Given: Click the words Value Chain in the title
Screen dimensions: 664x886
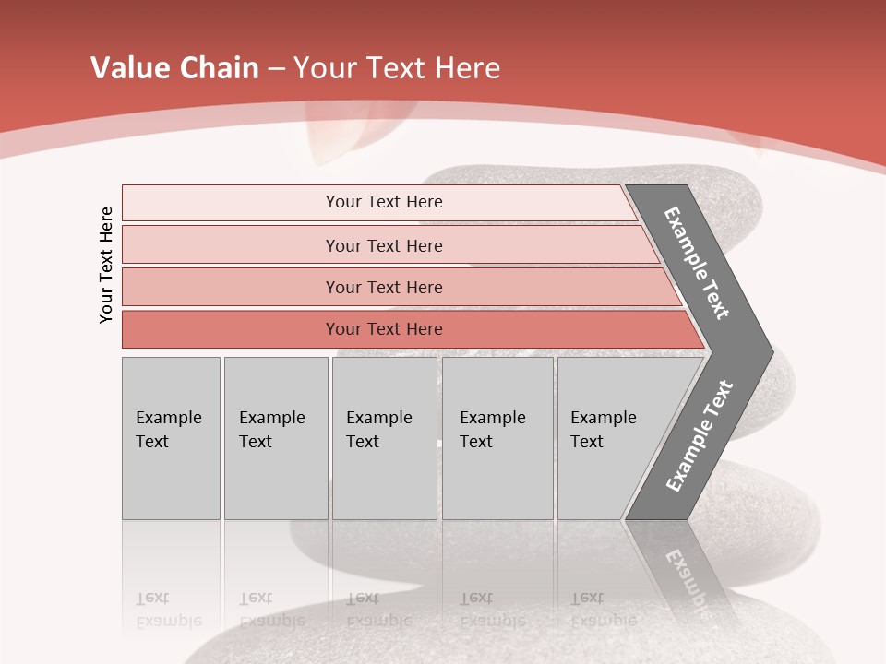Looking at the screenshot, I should (x=174, y=68).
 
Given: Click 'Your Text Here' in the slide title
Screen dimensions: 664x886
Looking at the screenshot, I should (x=397, y=68).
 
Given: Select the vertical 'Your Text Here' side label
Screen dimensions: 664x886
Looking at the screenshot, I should (x=106, y=265).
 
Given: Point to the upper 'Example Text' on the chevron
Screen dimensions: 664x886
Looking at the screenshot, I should (x=697, y=263).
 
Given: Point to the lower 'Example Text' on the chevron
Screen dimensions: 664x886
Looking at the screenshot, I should (x=699, y=436).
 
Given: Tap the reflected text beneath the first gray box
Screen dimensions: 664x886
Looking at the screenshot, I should (x=168, y=610).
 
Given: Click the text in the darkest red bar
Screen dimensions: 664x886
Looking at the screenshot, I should (x=384, y=329).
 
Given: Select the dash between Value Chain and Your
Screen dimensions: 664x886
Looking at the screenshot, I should (x=276, y=69).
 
